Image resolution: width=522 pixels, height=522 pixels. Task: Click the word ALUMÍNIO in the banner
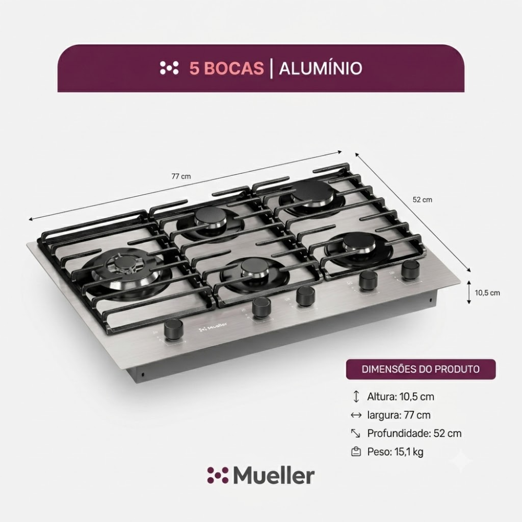pyautogui.click(x=321, y=68)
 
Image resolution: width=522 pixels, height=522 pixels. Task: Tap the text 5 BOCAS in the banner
pyautogui.click(x=227, y=68)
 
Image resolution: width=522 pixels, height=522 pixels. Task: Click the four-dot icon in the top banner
pyautogui.click(x=169, y=68)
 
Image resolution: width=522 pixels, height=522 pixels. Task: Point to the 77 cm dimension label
pyautogui.click(x=181, y=176)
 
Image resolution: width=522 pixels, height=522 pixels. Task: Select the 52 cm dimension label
pyautogui.click(x=422, y=200)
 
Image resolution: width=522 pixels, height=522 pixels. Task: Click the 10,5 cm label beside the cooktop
pyautogui.click(x=488, y=293)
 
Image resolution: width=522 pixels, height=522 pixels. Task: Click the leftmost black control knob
pyautogui.click(x=174, y=329)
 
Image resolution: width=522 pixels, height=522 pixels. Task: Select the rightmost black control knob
pyautogui.click(x=410, y=269)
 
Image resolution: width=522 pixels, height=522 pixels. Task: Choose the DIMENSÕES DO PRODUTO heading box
pyautogui.click(x=421, y=369)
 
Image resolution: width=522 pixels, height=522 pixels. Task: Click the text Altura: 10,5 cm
pyautogui.click(x=400, y=397)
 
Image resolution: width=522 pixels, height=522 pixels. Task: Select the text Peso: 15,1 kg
pyautogui.click(x=395, y=452)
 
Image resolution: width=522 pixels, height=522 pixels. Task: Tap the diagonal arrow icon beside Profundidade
pyautogui.click(x=356, y=433)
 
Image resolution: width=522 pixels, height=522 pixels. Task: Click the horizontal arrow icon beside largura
pyautogui.click(x=356, y=415)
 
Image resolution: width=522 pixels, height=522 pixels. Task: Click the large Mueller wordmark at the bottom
pyautogui.click(x=260, y=476)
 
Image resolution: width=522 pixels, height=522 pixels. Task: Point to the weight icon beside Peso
pyautogui.click(x=356, y=452)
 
